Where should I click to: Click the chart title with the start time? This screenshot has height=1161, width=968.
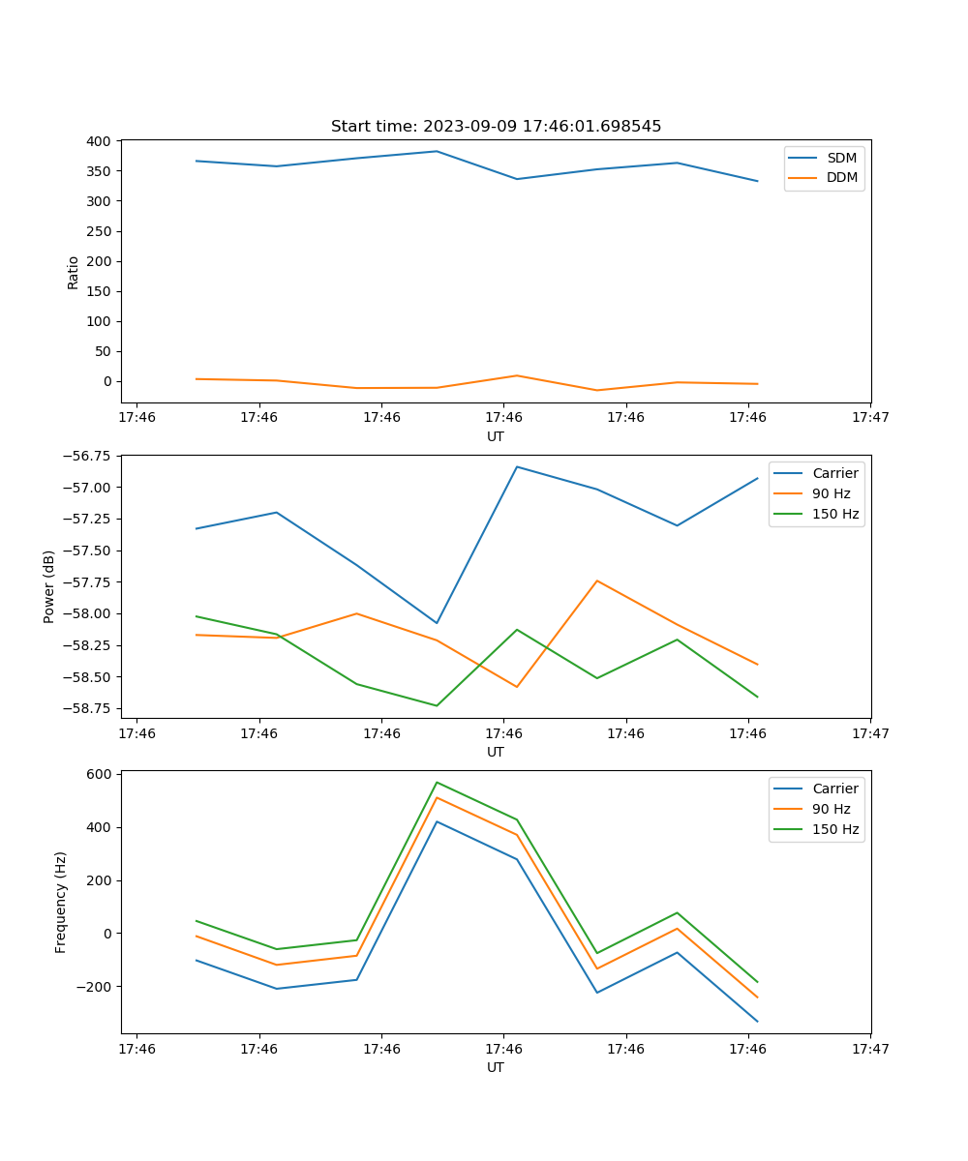coord(496,127)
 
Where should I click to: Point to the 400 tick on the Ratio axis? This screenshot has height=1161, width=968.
coord(100,141)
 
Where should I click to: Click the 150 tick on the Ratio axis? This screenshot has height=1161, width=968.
coord(100,291)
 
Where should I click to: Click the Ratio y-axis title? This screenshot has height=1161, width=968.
coord(74,272)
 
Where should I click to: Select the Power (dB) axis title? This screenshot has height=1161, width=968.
coord(49,586)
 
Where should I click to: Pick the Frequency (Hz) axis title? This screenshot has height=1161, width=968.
coord(61,902)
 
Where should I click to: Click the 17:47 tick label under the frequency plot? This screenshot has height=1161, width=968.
coord(870,1048)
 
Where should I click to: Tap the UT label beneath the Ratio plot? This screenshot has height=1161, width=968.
coord(496,436)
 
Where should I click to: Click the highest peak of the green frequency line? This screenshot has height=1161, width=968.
coord(437,782)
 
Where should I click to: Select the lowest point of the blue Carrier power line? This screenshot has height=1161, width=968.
coord(437,623)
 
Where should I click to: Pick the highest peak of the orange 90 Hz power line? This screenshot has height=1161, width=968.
coord(597,580)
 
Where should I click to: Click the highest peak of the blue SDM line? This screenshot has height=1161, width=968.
coord(437,151)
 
